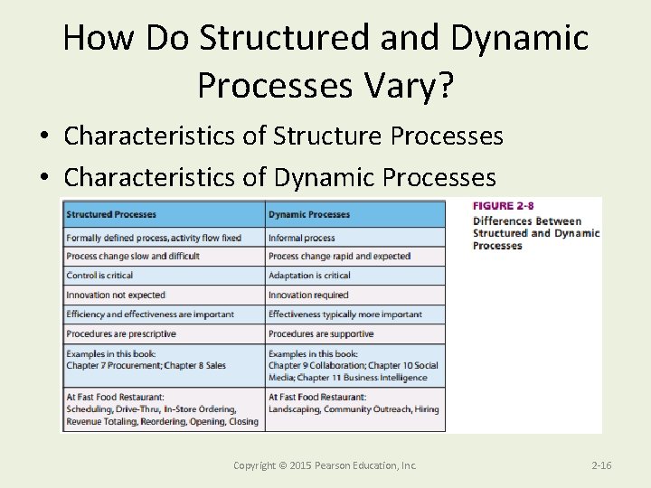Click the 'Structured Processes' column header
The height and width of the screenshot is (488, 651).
point(111,214)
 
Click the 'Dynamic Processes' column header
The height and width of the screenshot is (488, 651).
point(308,214)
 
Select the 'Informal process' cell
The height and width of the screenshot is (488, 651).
point(302,238)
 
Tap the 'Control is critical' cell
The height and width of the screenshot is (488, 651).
point(99,276)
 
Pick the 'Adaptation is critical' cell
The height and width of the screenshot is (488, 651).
point(309,276)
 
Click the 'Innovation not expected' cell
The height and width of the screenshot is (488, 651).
point(116,295)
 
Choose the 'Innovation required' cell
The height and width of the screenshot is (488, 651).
point(308,295)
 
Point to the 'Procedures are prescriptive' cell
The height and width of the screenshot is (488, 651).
point(121,333)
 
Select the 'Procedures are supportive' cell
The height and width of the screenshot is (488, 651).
point(321,333)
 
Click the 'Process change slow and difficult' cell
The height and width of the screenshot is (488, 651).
point(133,257)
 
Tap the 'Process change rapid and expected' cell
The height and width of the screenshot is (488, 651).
point(339,257)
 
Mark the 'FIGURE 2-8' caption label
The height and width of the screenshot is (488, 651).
point(504,207)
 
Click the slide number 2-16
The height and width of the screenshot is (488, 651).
point(601,465)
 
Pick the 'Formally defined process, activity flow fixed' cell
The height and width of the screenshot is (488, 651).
point(154,238)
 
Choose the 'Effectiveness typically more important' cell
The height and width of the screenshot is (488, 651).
point(345,314)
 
